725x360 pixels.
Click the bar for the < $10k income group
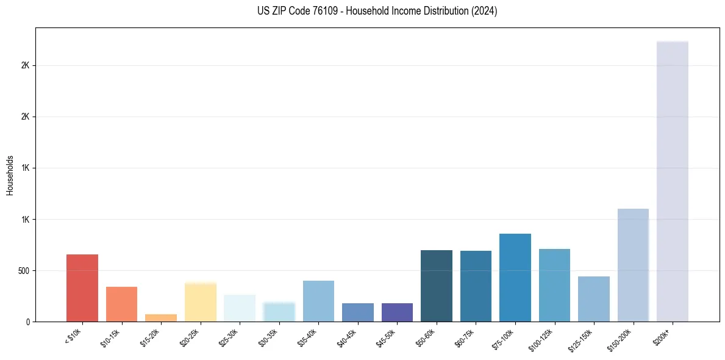(x=82, y=288)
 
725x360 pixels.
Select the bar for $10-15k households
(x=121, y=304)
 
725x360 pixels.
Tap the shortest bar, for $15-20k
(x=161, y=318)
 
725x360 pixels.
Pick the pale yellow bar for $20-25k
(x=201, y=302)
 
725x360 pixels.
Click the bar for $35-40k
(x=318, y=301)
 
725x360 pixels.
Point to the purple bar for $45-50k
(x=397, y=312)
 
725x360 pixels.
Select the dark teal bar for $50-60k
(x=437, y=286)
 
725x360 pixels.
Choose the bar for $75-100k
(x=515, y=278)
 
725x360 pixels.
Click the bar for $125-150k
(x=594, y=299)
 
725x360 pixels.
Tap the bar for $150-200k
(x=633, y=265)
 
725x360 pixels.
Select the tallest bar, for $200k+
(x=673, y=181)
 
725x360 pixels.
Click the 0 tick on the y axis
(x=27, y=322)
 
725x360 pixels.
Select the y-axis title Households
(x=10, y=175)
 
